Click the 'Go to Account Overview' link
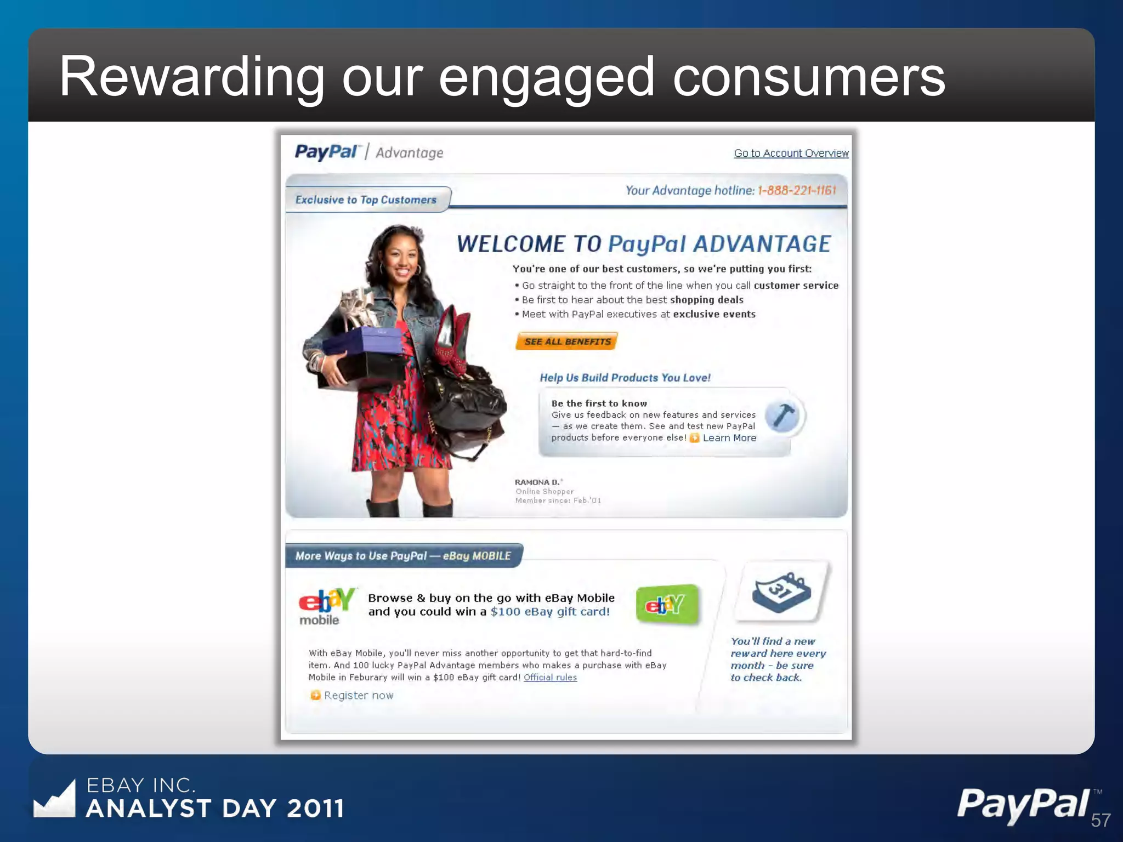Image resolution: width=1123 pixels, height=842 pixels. (x=791, y=153)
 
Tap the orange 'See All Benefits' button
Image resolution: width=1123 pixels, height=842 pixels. (x=567, y=342)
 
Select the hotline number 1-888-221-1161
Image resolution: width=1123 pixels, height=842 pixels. (x=797, y=191)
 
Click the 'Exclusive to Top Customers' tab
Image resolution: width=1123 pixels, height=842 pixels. (x=366, y=200)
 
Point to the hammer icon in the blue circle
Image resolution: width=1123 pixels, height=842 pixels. (x=783, y=416)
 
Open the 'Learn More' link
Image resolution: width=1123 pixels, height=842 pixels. (x=729, y=438)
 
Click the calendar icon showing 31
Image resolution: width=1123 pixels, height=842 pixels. (x=781, y=592)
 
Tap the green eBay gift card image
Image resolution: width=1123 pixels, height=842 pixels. (x=667, y=605)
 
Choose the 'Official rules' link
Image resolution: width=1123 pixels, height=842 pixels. (x=550, y=678)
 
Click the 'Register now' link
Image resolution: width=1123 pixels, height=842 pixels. (x=358, y=696)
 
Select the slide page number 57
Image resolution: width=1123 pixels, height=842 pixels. (x=1101, y=821)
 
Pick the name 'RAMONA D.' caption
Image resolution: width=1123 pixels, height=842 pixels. (x=537, y=482)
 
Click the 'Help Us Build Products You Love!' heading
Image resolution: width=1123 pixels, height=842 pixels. (x=625, y=378)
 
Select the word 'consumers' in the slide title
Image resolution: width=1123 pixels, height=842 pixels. (x=809, y=77)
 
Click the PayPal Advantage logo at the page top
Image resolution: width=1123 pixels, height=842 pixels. (x=369, y=152)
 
